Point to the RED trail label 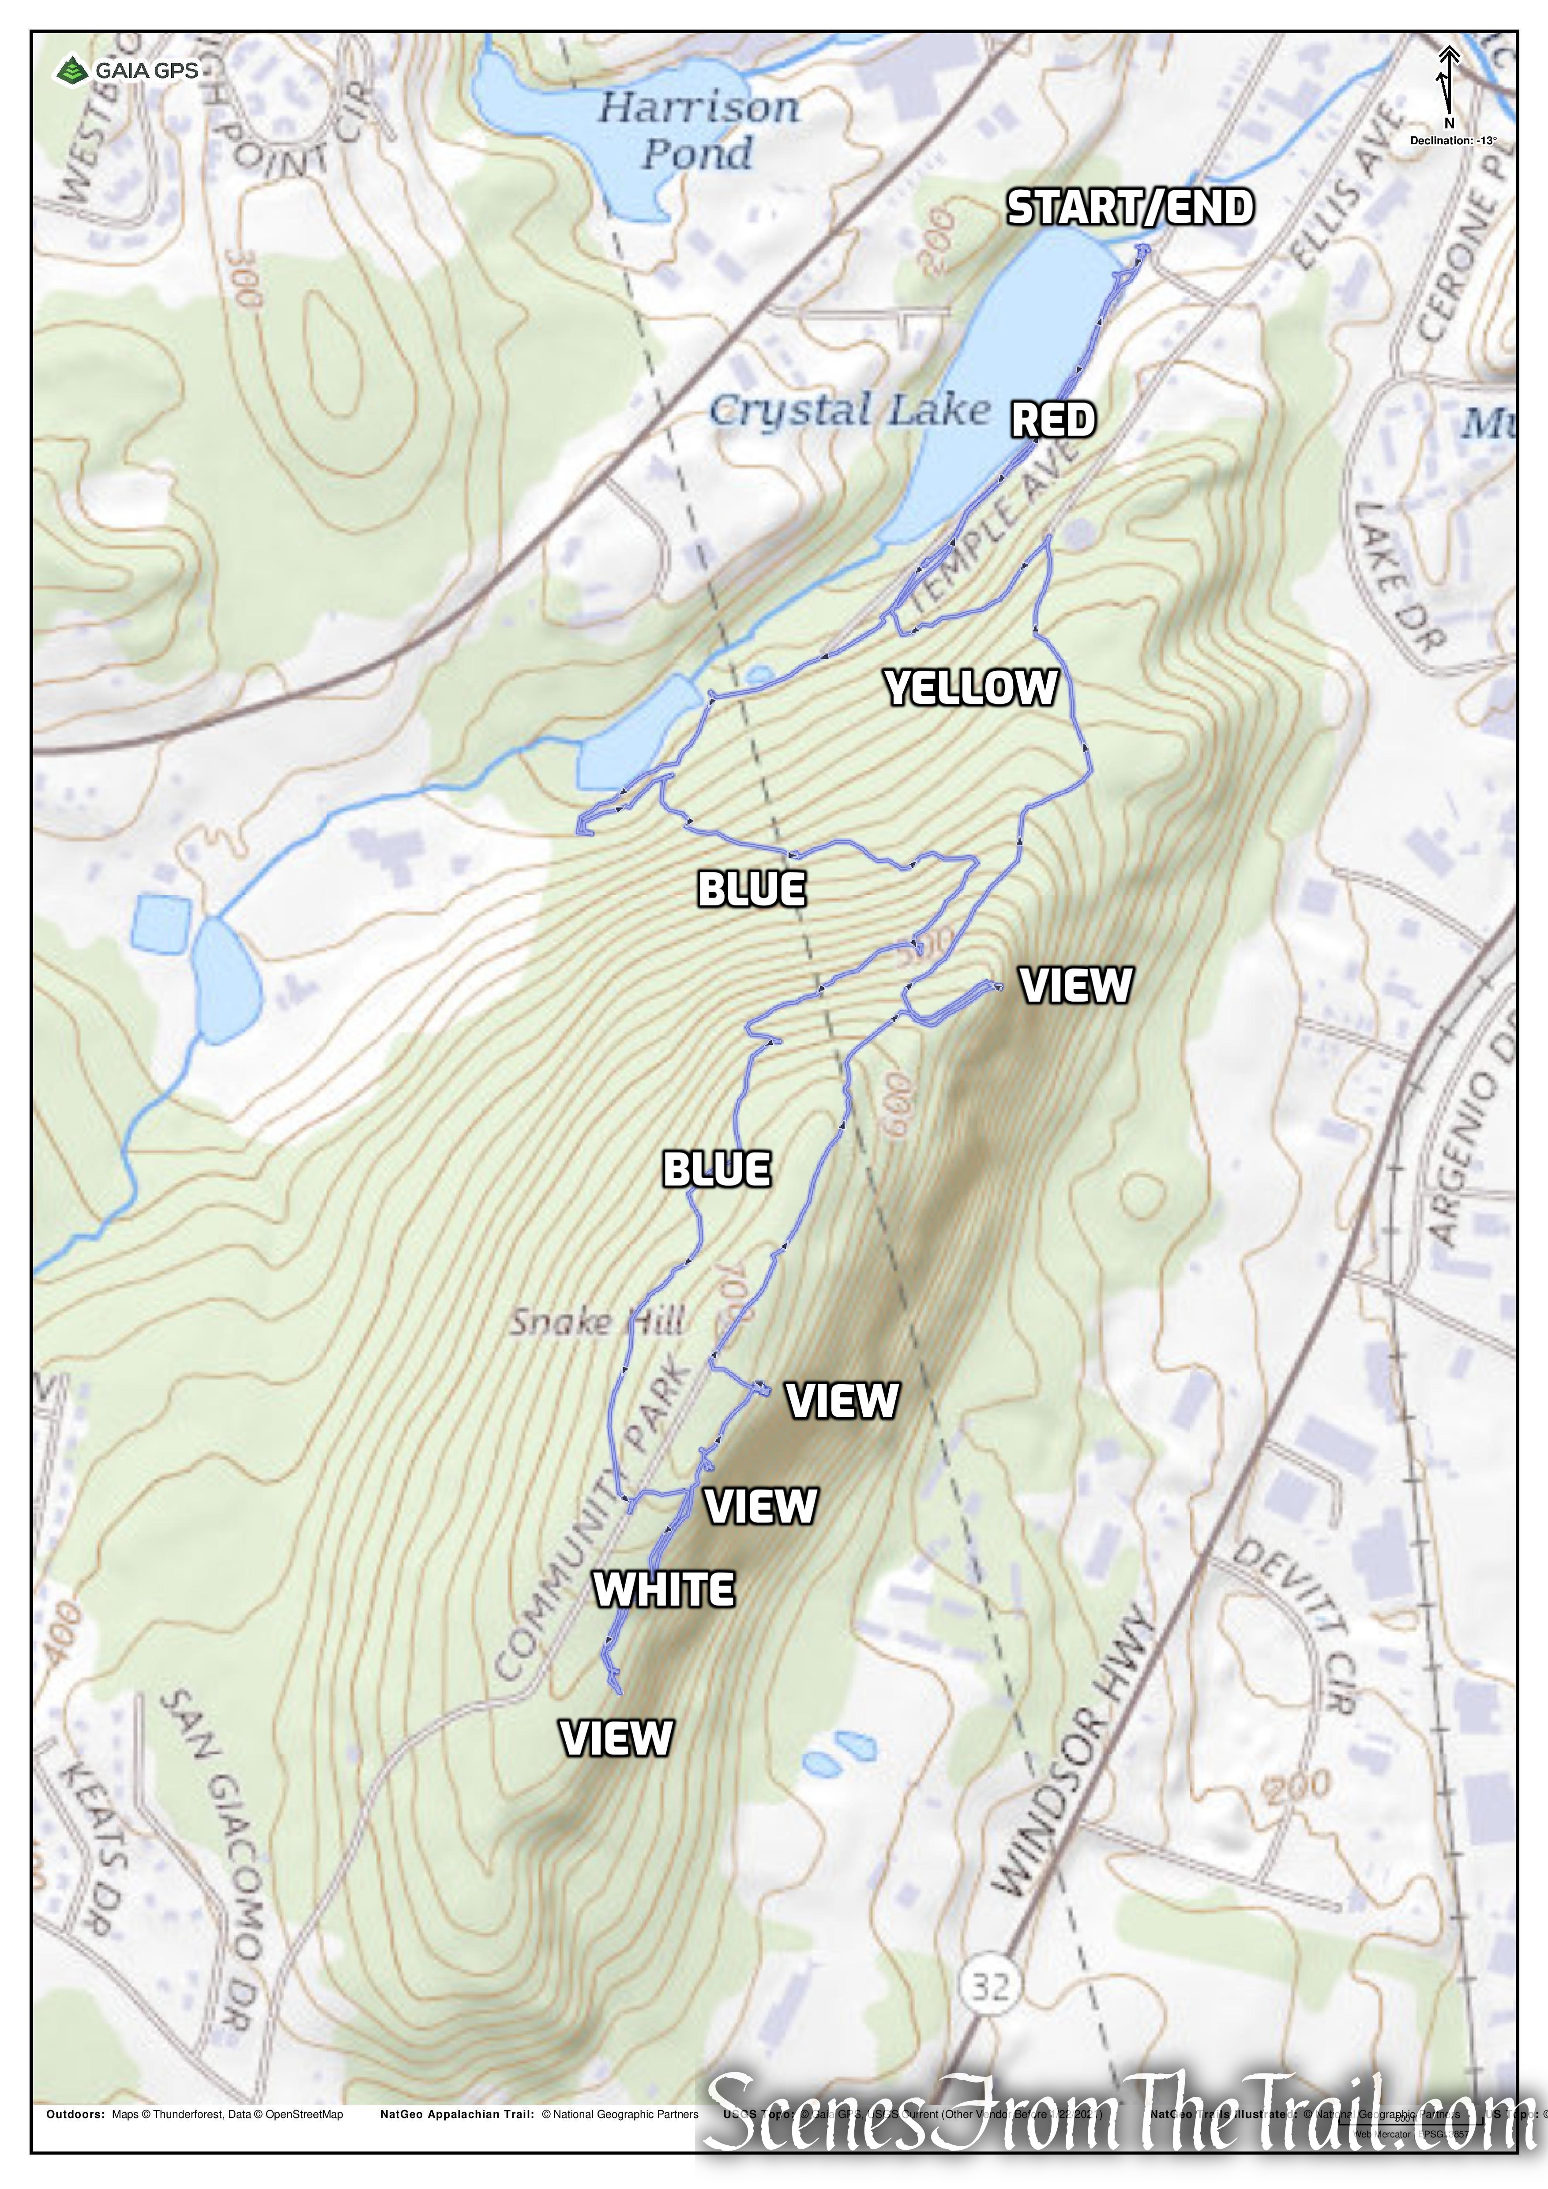[x=1053, y=420]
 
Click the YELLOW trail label [x=971, y=687]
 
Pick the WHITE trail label [x=665, y=1589]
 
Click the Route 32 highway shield [x=990, y=1986]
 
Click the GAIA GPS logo [x=128, y=71]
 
